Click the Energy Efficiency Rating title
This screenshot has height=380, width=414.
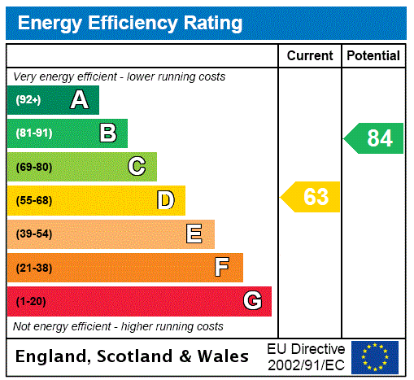[x=130, y=24]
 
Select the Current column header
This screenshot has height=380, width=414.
[x=310, y=56]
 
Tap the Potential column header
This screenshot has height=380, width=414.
[x=373, y=56]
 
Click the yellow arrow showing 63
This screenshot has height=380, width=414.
[x=312, y=197]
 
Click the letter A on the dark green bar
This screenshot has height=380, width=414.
[x=79, y=100]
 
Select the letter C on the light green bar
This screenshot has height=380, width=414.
[x=137, y=167]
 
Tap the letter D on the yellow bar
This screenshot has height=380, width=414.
[x=165, y=200]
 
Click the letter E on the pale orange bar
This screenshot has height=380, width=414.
[x=194, y=234]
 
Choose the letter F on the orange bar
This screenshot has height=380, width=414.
[x=222, y=268]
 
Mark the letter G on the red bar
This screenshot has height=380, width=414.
[x=252, y=301]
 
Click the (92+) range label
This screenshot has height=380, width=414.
[x=28, y=101]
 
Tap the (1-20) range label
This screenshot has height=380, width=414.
[x=31, y=302]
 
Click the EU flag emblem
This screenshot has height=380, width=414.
[x=375, y=356]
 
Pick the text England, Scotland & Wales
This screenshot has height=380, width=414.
[x=133, y=356]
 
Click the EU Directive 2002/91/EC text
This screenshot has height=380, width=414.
[x=306, y=356]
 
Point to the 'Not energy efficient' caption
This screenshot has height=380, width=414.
[x=118, y=326]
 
